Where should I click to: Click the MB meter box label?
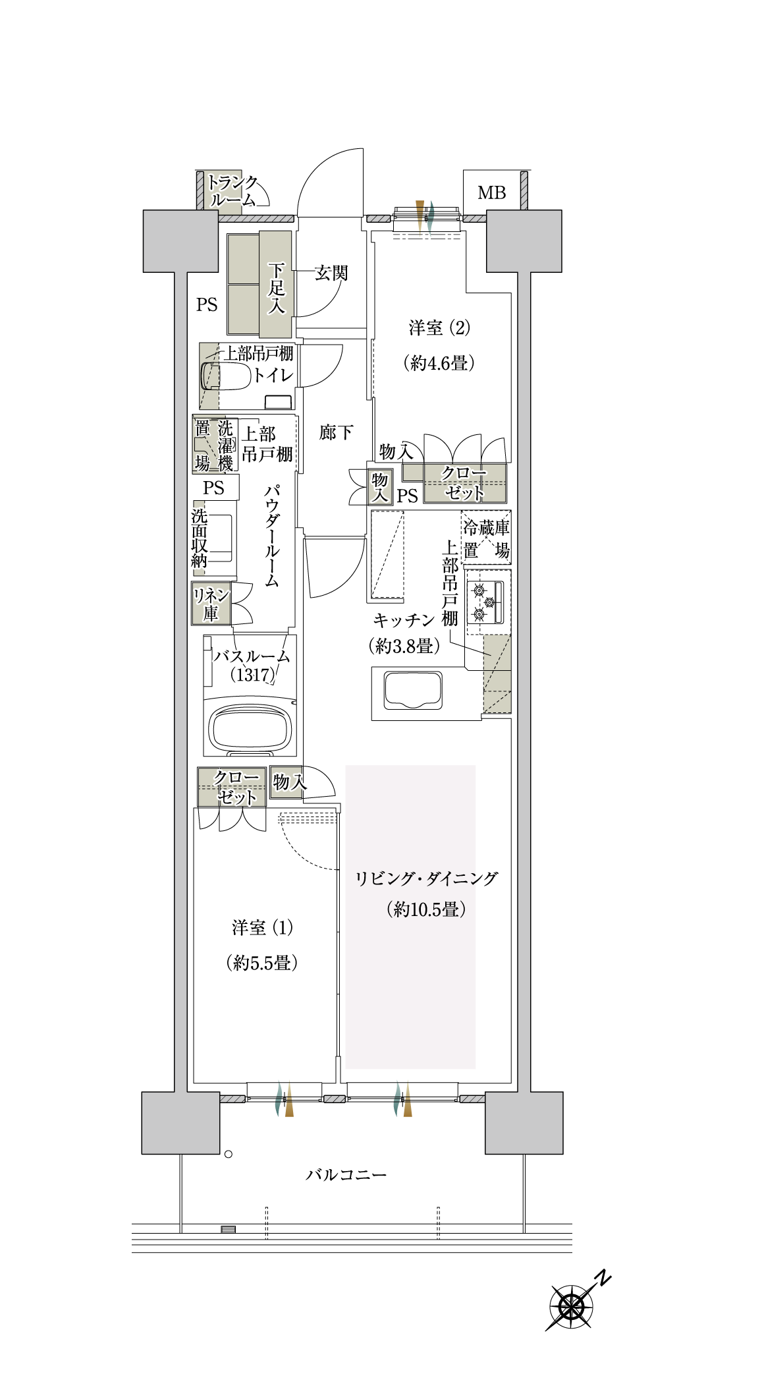(x=491, y=192)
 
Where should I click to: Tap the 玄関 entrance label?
(x=331, y=273)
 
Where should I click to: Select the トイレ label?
(x=273, y=374)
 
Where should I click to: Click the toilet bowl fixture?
(x=225, y=376)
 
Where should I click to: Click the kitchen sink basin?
(x=413, y=691)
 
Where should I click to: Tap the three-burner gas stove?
(x=485, y=602)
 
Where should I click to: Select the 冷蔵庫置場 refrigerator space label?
(x=486, y=539)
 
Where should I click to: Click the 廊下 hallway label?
(x=336, y=432)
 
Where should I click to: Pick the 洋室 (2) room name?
(x=439, y=328)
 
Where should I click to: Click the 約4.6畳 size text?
(x=439, y=362)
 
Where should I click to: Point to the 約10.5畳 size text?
(x=426, y=909)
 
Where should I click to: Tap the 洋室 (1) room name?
(x=262, y=928)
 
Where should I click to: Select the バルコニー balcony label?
(x=346, y=1174)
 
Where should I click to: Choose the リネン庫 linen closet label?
(x=211, y=604)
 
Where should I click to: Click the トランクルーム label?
(x=232, y=190)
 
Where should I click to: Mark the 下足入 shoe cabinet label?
(x=276, y=288)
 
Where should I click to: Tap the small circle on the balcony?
(x=229, y=1154)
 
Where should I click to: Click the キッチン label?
(x=404, y=620)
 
